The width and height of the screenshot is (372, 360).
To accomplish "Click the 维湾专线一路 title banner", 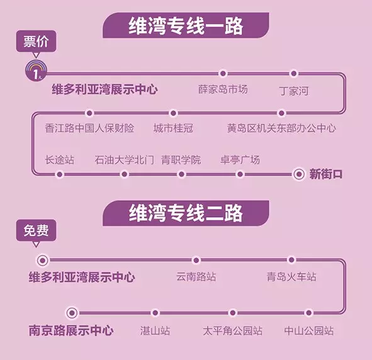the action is [x=186, y=25].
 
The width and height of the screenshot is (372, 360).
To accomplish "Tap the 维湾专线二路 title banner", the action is [x=186, y=213].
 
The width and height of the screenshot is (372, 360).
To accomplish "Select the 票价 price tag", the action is [x=36, y=42].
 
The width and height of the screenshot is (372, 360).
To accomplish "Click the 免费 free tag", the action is [x=36, y=231].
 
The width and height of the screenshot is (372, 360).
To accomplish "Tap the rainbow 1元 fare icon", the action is [x=36, y=70].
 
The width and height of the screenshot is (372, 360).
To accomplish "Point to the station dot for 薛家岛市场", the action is [x=223, y=74].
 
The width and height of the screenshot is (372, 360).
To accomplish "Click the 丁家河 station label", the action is [x=294, y=91].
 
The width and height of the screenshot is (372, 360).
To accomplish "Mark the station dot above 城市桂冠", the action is [x=173, y=113].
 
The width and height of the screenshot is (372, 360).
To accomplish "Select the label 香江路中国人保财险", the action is [x=89, y=128].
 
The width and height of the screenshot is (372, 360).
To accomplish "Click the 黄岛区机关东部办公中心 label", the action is [x=281, y=128].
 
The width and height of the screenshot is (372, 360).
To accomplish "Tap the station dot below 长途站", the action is [x=60, y=174].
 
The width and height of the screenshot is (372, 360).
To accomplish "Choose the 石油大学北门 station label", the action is [x=125, y=160].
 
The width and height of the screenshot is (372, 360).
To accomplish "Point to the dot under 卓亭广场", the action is [x=240, y=174].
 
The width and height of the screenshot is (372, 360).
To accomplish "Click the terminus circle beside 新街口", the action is [x=299, y=174].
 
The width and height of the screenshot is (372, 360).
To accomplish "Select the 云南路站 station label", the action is [x=196, y=276].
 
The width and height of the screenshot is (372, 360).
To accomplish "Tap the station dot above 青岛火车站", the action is [x=291, y=260].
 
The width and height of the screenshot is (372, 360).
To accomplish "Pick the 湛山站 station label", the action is [x=155, y=330].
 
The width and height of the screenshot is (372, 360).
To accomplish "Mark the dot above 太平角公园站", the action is [x=233, y=313].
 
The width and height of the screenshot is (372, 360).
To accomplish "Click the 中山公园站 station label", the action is [x=308, y=330].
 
